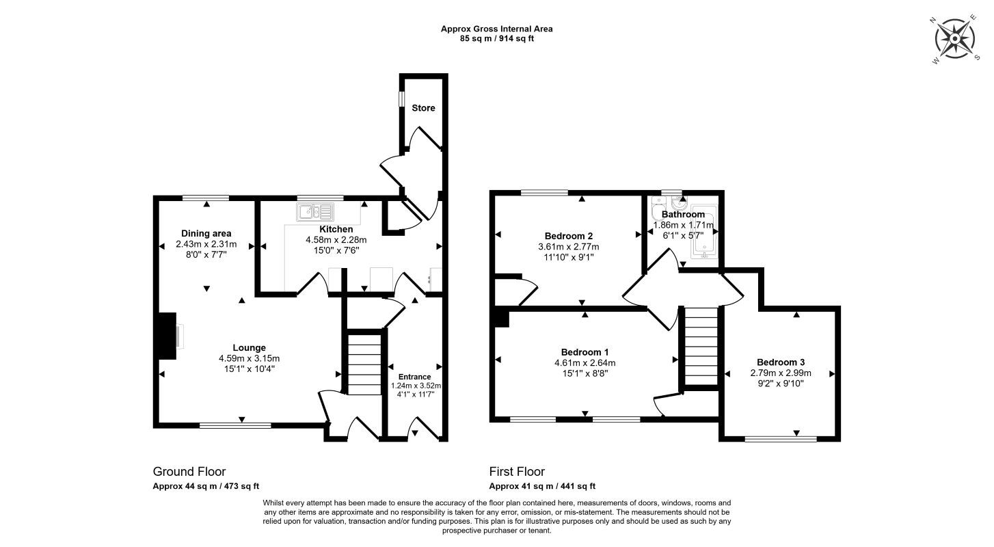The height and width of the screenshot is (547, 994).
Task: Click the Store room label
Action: point(423,108)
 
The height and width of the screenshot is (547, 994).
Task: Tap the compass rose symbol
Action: point(955,40)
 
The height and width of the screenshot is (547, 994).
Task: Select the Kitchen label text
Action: point(336,229)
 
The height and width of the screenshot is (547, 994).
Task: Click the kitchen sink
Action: point(315,212)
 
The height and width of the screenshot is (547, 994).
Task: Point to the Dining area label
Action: point(206,234)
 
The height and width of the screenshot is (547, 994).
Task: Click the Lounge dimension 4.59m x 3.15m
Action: point(250,358)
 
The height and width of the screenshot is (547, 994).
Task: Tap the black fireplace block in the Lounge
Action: point(167,336)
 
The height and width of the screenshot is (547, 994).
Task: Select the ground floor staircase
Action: point(364,364)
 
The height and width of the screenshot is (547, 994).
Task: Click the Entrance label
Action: point(414,377)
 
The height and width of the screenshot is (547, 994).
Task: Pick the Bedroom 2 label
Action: point(569,236)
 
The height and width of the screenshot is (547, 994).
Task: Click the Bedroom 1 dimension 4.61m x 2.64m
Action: point(585,363)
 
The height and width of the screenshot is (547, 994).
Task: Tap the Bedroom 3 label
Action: point(781,362)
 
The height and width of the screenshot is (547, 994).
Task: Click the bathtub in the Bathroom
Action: point(703,232)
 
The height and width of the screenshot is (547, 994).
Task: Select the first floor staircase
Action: point(701,346)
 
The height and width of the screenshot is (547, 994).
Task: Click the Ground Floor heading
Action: point(189,472)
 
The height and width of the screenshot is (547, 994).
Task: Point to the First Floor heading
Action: point(517,472)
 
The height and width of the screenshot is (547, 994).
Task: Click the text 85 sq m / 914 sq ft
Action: point(497,38)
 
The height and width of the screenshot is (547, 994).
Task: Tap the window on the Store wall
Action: point(401,98)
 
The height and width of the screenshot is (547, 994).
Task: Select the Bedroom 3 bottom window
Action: point(781,439)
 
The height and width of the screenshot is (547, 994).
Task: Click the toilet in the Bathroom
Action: point(658,209)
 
